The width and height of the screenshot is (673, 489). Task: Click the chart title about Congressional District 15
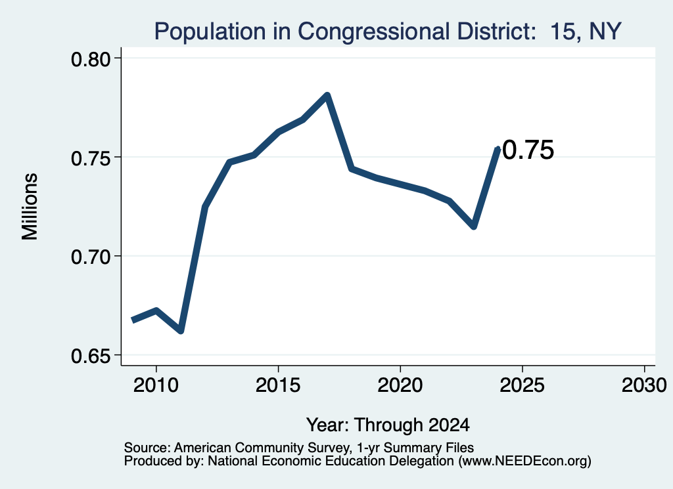pyautogui.click(x=388, y=32)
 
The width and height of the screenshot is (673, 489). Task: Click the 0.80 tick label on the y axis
pyautogui.click(x=91, y=59)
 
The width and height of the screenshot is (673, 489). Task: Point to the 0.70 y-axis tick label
pyautogui.click(x=91, y=257)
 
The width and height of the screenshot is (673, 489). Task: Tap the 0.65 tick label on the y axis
pyautogui.click(x=91, y=356)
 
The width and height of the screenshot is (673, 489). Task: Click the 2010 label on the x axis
pyautogui.click(x=156, y=385)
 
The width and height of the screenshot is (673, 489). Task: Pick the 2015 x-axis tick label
pyautogui.click(x=278, y=385)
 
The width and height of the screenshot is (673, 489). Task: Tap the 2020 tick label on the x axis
pyautogui.click(x=400, y=385)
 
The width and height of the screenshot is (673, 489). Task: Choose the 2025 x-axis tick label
pyautogui.click(x=522, y=385)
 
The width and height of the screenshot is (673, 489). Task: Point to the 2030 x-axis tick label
pyautogui.click(x=644, y=385)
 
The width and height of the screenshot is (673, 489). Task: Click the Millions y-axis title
pyautogui.click(x=30, y=207)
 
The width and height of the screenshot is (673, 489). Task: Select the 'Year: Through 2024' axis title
pyautogui.click(x=388, y=425)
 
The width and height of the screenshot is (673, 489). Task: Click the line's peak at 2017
pyautogui.click(x=327, y=95)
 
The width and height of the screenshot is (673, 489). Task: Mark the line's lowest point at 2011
pyautogui.click(x=181, y=331)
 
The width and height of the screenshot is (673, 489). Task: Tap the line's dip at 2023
pyautogui.click(x=474, y=226)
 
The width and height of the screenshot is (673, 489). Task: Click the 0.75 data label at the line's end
pyautogui.click(x=528, y=150)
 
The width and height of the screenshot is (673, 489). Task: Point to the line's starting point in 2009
pyautogui.click(x=133, y=320)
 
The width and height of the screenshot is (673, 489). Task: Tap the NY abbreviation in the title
pyautogui.click(x=605, y=32)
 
